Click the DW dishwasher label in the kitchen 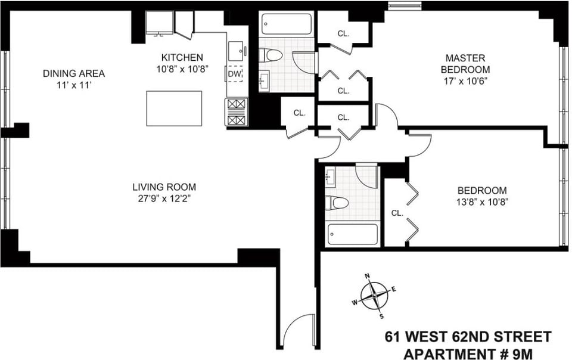[234, 74]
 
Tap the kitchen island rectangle [174, 108]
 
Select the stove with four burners [237, 111]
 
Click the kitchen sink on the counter [236, 51]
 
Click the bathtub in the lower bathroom [353, 234]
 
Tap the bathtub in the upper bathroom [287, 24]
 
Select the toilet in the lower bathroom [337, 203]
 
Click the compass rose [375, 296]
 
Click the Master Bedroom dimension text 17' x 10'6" [465, 81]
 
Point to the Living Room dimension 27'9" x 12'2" [164, 199]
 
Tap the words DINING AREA [74, 73]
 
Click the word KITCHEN [182, 57]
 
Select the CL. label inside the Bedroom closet [397, 213]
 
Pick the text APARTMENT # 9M [468, 353]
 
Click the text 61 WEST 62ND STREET [468, 336]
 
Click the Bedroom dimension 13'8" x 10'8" [482, 201]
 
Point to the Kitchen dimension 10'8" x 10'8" [182, 69]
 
